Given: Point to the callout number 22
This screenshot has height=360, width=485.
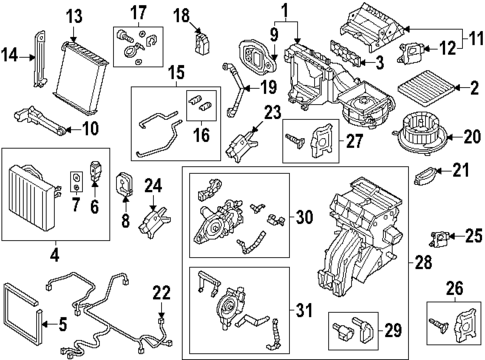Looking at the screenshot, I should (x=162, y=293).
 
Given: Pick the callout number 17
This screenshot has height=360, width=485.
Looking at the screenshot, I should (x=137, y=13).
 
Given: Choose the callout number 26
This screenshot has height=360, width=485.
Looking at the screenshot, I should (x=456, y=290).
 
